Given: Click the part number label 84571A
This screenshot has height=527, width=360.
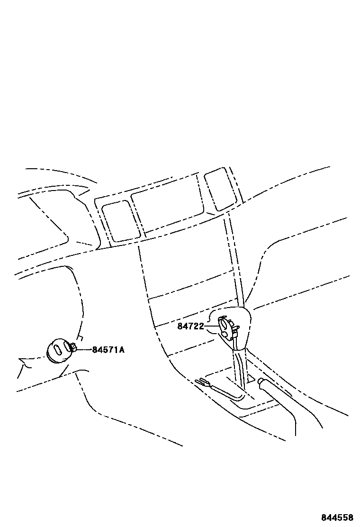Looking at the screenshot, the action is click(x=108, y=350).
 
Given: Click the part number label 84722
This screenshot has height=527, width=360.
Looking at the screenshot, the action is click(x=190, y=326).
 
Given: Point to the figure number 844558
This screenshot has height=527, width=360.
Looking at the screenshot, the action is click(x=338, y=518).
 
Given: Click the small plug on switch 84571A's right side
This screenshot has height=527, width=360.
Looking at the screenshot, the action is click(x=74, y=349).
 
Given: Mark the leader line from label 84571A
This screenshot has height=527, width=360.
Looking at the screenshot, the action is click(x=84, y=350).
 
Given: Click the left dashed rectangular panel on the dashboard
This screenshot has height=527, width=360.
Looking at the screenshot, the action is click(x=121, y=220).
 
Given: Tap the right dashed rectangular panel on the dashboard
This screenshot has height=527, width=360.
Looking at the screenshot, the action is click(x=219, y=189).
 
